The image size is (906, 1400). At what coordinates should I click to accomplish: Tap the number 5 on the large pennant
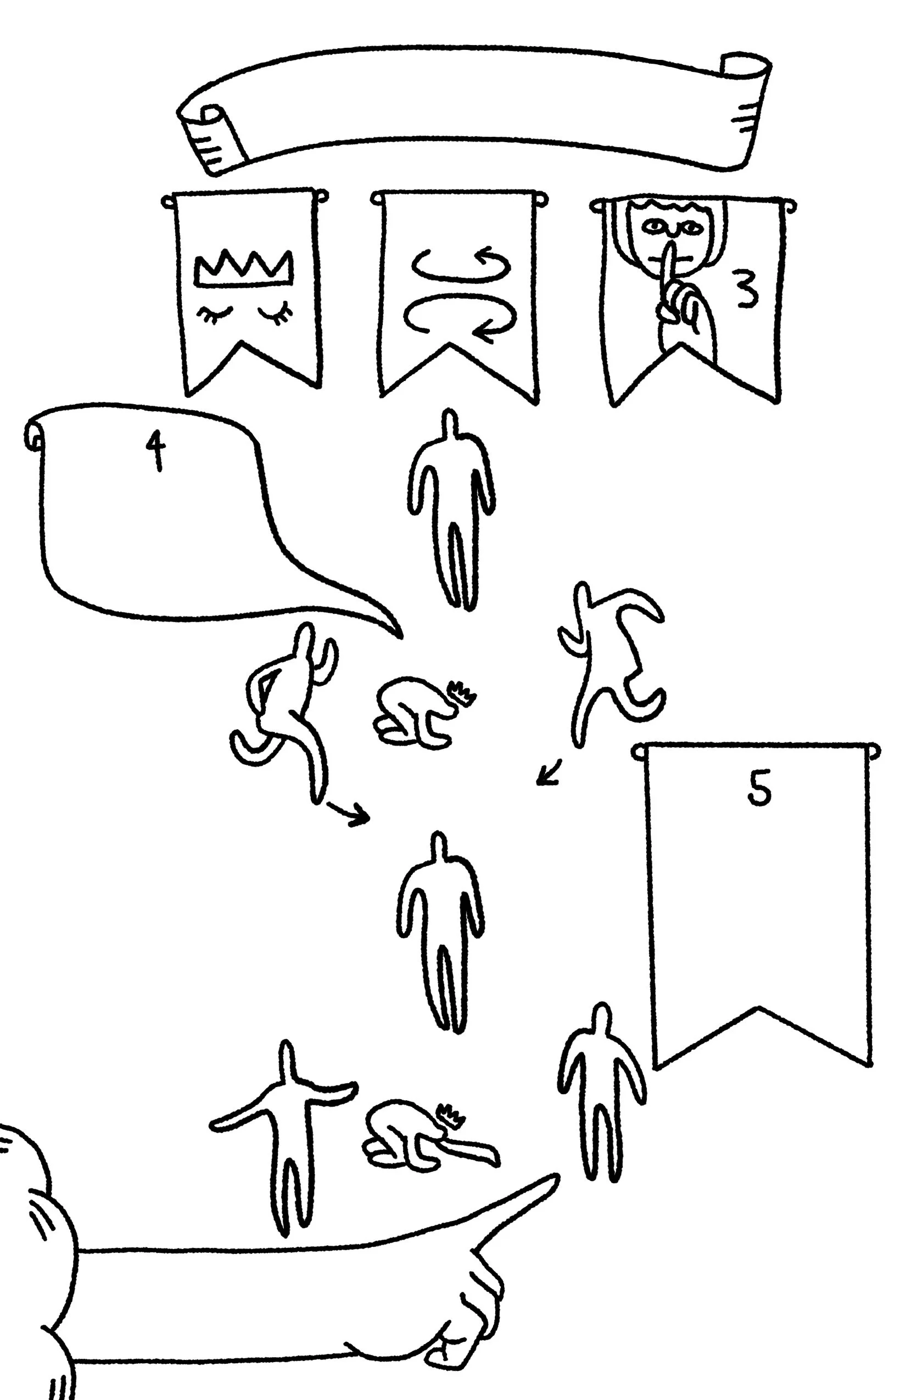click(x=759, y=789)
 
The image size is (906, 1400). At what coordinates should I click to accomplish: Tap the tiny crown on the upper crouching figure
click(x=463, y=693)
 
